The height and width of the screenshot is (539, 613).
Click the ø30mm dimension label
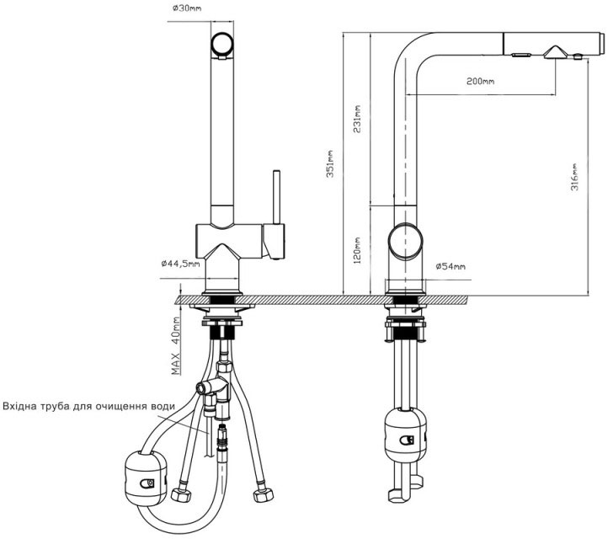pos(187,8)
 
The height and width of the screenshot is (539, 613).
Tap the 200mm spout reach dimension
pos(480,81)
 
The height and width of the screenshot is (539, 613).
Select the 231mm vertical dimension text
pos(357,119)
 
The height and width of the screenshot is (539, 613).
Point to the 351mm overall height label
pos(330,163)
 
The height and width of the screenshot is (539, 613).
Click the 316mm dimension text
pos(574,177)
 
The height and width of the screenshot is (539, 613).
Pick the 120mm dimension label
pos(357,251)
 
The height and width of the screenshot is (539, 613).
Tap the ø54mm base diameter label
pos(450,266)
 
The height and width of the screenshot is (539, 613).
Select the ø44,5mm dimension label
pos(180,264)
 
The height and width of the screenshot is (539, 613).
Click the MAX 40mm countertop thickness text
pos(176,346)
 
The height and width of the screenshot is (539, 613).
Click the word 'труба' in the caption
pos(55,407)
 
